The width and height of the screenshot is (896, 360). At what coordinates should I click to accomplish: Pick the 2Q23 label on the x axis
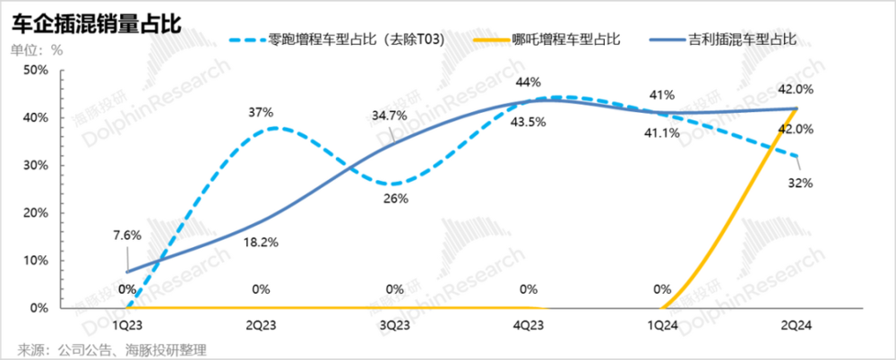(260, 322)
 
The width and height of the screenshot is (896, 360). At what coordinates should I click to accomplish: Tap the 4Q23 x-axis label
(528, 322)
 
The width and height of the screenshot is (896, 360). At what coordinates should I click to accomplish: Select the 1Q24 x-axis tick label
(662, 322)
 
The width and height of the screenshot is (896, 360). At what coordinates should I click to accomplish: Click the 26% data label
(394, 198)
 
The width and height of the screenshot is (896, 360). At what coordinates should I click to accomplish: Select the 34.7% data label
(391, 116)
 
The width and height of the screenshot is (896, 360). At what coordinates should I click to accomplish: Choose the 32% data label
(800, 183)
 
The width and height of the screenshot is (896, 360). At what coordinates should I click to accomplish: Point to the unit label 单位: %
(37, 49)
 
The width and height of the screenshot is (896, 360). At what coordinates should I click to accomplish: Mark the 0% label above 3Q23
(394, 289)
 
